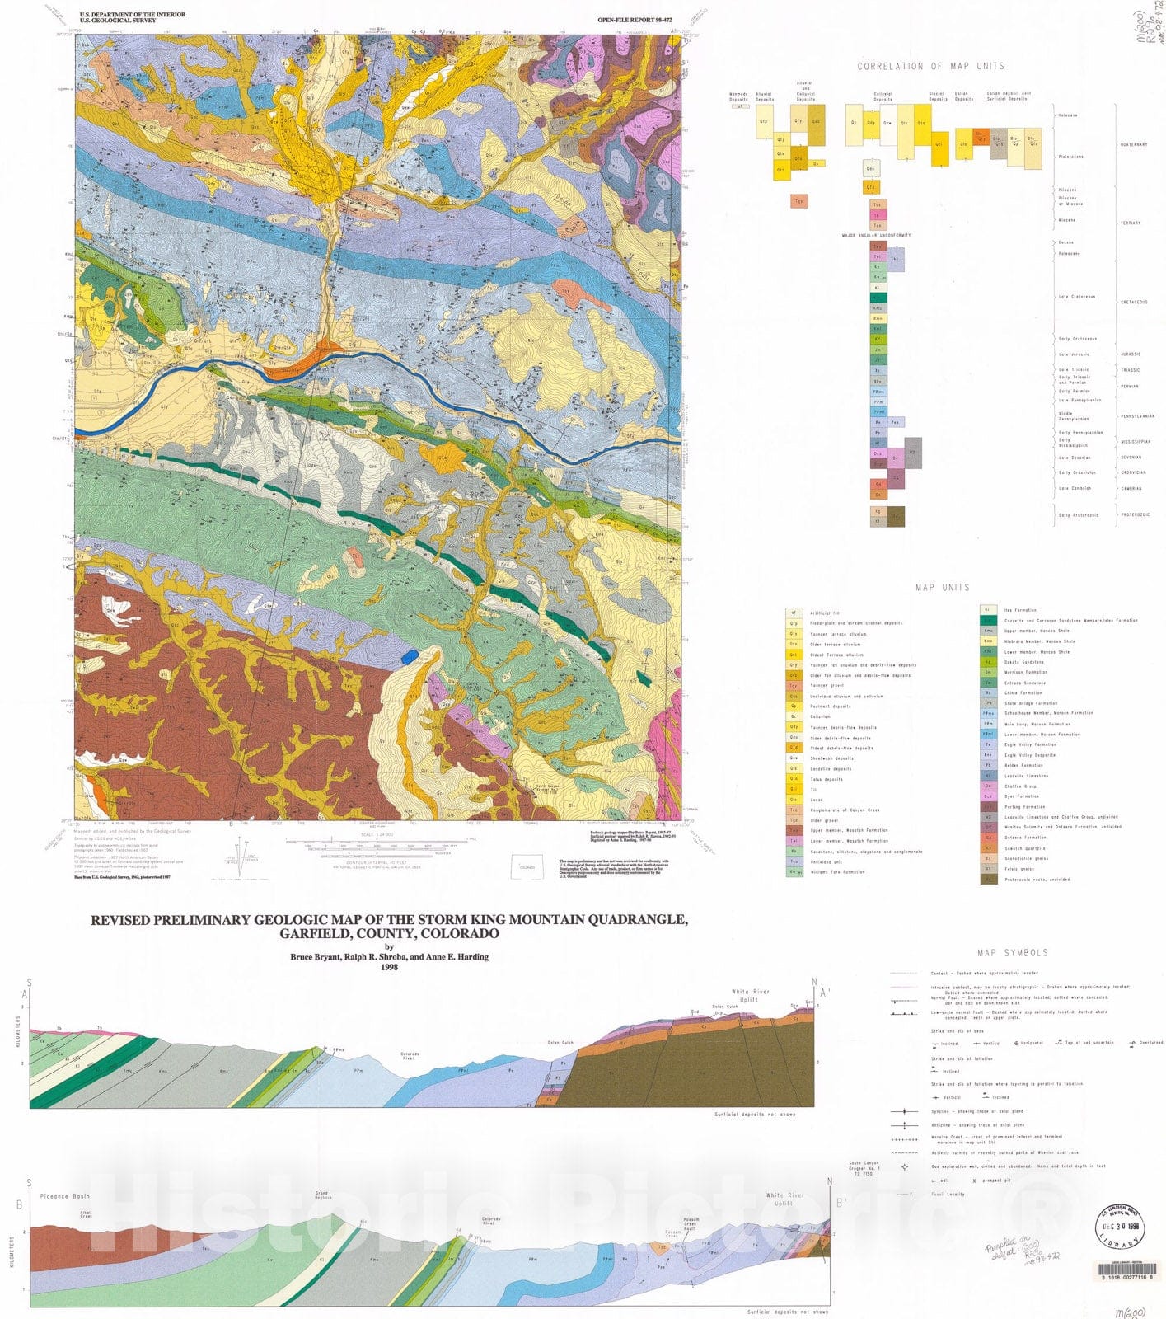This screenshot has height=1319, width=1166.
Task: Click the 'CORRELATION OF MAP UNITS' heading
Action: (x=930, y=66)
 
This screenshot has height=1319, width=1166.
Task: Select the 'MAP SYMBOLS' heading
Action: (x=1013, y=952)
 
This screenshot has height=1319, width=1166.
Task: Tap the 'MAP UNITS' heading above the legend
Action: (x=942, y=588)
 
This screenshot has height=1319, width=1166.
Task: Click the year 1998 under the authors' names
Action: (x=389, y=967)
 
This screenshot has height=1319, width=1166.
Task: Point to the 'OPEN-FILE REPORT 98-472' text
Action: (x=629, y=18)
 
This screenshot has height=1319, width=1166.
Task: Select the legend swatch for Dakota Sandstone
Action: (x=988, y=662)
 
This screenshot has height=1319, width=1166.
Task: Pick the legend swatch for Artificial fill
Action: (x=794, y=613)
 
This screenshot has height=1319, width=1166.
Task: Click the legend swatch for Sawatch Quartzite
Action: (x=988, y=848)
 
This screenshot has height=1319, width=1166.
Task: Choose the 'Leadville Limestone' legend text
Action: (x=1026, y=776)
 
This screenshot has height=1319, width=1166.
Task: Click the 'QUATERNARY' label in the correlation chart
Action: (x=1133, y=145)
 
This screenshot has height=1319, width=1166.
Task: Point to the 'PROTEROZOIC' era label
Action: (x=1135, y=515)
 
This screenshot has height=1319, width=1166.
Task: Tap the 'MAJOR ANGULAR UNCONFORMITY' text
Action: (x=876, y=236)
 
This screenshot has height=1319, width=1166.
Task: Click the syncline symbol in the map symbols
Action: (x=904, y=1111)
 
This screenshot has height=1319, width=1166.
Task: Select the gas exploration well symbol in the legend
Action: (x=904, y=1166)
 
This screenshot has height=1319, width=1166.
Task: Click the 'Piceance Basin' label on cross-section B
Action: (x=63, y=1196)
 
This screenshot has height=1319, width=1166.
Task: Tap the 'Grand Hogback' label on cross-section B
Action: (x=323, y=1195)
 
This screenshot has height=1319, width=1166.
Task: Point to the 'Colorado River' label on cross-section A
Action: (x=410, y=1055)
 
